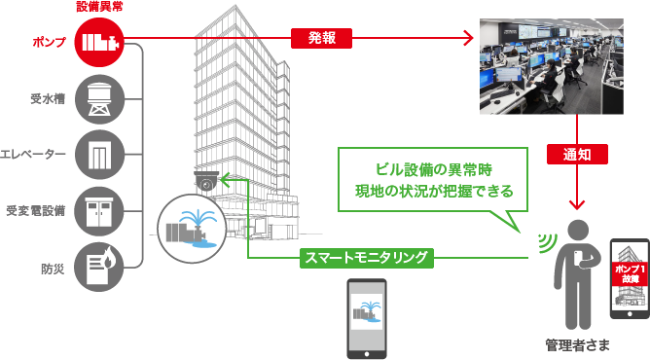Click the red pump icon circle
(x=99, y=42)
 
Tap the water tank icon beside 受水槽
(x=99, y=99)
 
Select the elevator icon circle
(x=99, y=155)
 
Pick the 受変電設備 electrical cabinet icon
(x=99, y=211)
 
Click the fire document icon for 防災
(x=99, y=268)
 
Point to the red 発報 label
(x=321, y=38)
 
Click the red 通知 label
(x=577, y=154)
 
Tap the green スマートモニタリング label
(x=367, y=258)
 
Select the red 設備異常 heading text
(x=99, y=7)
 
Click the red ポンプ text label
(x=50, y=42)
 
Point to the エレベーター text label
(x=33, y=155)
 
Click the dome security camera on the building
(x=206, y=180)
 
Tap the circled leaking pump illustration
(x=192, y=229)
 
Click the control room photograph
(x=552, y=66)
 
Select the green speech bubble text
(x=434, y=180)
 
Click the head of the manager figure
(x=577, y=231)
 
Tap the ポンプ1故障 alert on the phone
(x=631, y=273)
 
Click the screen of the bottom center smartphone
(x=367, y=311)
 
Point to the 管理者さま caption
(x=577, y=345)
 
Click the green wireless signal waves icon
(x=547, y=243)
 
